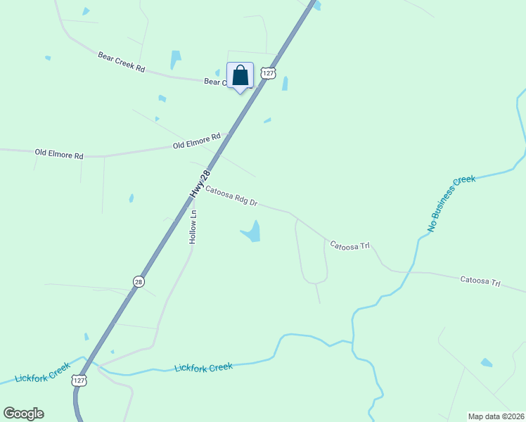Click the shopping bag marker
[240, 76]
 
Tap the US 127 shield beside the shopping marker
[267, 73]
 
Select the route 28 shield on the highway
[139, 281]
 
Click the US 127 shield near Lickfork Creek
[79, 381]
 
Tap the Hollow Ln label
[193, 226]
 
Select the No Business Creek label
[451, 204]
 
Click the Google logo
[23, 414]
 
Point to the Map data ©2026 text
[496, 416]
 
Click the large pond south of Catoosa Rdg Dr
[252, 231]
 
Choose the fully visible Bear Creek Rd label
[121, 62]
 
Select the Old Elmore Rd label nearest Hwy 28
[197, 141]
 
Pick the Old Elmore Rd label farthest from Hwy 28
[59, 153]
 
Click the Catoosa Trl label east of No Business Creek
[480, 281]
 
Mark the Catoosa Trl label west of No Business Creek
[350, 246]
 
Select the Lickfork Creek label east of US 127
[203, 367]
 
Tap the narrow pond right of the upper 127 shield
[285, 84]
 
